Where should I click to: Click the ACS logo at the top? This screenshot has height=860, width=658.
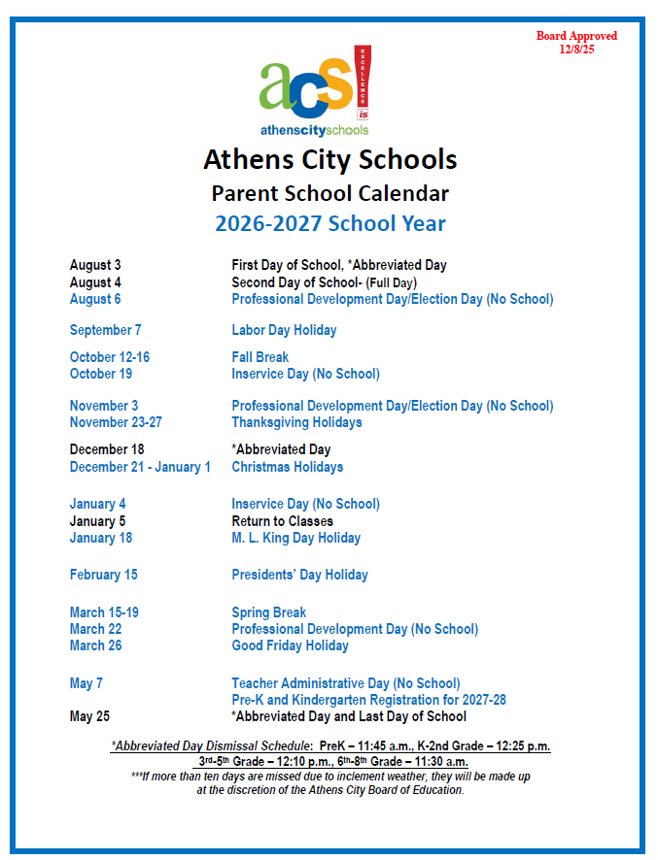tap(315, 90)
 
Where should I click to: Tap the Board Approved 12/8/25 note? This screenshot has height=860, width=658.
tap(576, 43)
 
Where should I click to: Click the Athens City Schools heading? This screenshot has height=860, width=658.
tap(329, 159)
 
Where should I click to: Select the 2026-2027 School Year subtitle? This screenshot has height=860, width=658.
tap(329, 224)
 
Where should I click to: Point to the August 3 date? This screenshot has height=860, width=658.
tap(95, 265)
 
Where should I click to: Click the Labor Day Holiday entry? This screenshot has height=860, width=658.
tap(284, 330)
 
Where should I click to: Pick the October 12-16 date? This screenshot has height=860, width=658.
tap(110, 357)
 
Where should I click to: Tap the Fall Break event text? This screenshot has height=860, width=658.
tap(260, 357)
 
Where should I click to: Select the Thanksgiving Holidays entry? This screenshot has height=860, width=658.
tap(296, 422)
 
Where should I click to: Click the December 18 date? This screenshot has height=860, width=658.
tap(106, 449)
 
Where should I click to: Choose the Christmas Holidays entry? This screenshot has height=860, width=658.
tap(287, 467)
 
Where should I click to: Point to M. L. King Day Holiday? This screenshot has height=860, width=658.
tap(295, 538)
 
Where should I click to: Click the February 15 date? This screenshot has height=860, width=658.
tap(104, 575)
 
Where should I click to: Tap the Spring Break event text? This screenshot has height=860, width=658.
tap(268, 612)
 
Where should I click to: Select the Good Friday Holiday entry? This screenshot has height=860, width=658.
tap(290, 645)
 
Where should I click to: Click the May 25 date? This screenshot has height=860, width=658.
tap(89, 716)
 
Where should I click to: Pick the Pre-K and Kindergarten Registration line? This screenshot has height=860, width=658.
tap(368, 700)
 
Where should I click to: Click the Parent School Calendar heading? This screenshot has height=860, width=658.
tap(329, 192)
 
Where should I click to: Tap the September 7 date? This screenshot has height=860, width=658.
tap(106, 330)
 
